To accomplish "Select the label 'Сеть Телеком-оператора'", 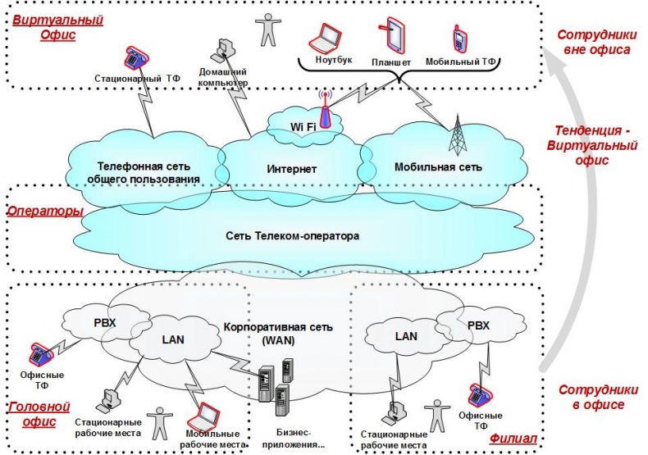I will (x=292, y=235).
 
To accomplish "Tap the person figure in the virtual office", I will (x=267, y=29).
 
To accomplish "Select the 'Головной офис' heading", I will (x=38, y=414).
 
